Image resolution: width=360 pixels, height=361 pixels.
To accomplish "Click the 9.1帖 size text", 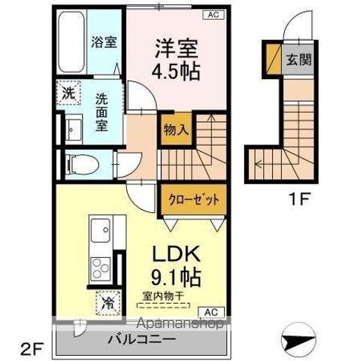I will [x=177, y=277].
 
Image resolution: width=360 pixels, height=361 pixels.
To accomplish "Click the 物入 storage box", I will [x=175, y=129].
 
